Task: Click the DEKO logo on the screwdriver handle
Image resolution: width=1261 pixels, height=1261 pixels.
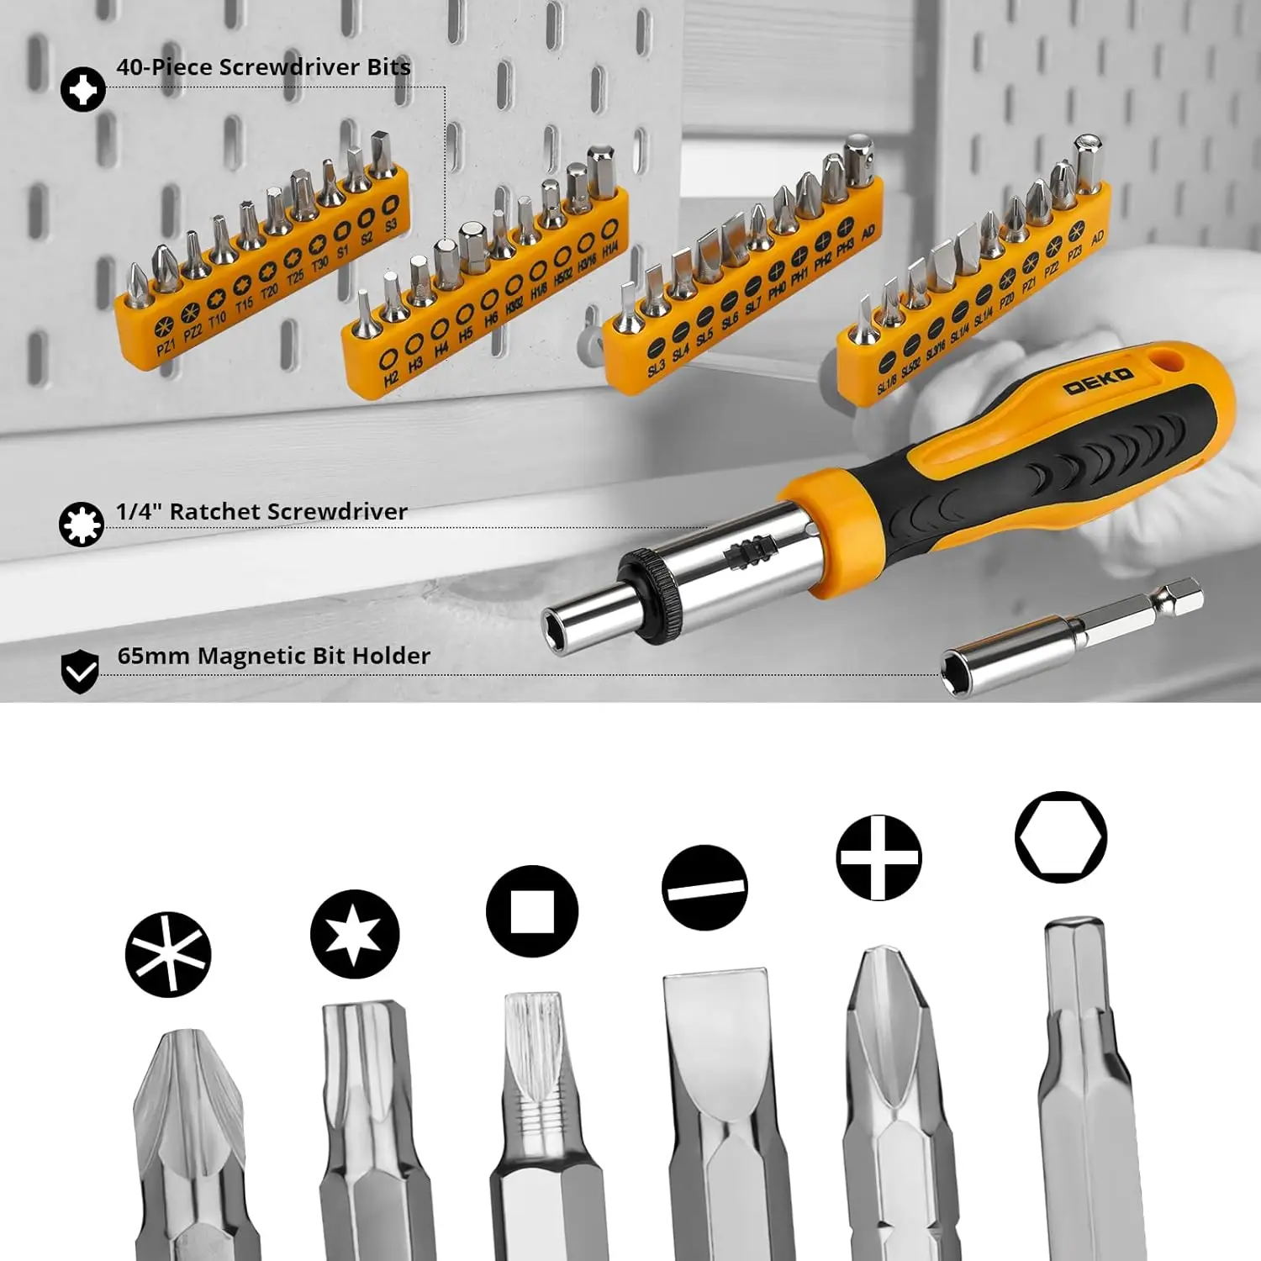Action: (x=1098, y=381)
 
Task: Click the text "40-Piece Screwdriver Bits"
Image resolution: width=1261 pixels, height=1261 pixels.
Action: (x=263, y=67)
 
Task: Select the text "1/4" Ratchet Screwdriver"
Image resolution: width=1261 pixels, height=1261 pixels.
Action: (x=261, y=511)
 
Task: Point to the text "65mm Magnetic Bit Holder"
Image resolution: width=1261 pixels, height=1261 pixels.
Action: (x=273, y=656)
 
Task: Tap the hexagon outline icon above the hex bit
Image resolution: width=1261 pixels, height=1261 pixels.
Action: (x=1061, y=837)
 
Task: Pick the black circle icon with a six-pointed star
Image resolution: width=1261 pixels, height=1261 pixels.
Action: (x=354, y=934)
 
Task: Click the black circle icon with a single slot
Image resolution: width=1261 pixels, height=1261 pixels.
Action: (x=704, y=887)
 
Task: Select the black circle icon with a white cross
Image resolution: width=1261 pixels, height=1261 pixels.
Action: (x=878, y=857)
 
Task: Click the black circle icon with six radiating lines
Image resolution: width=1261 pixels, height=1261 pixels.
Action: (x=168, y=955)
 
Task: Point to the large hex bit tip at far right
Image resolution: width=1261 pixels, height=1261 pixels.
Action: (x=1080, y=967)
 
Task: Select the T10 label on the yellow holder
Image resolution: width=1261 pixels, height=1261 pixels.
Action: (x=218, y=320)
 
